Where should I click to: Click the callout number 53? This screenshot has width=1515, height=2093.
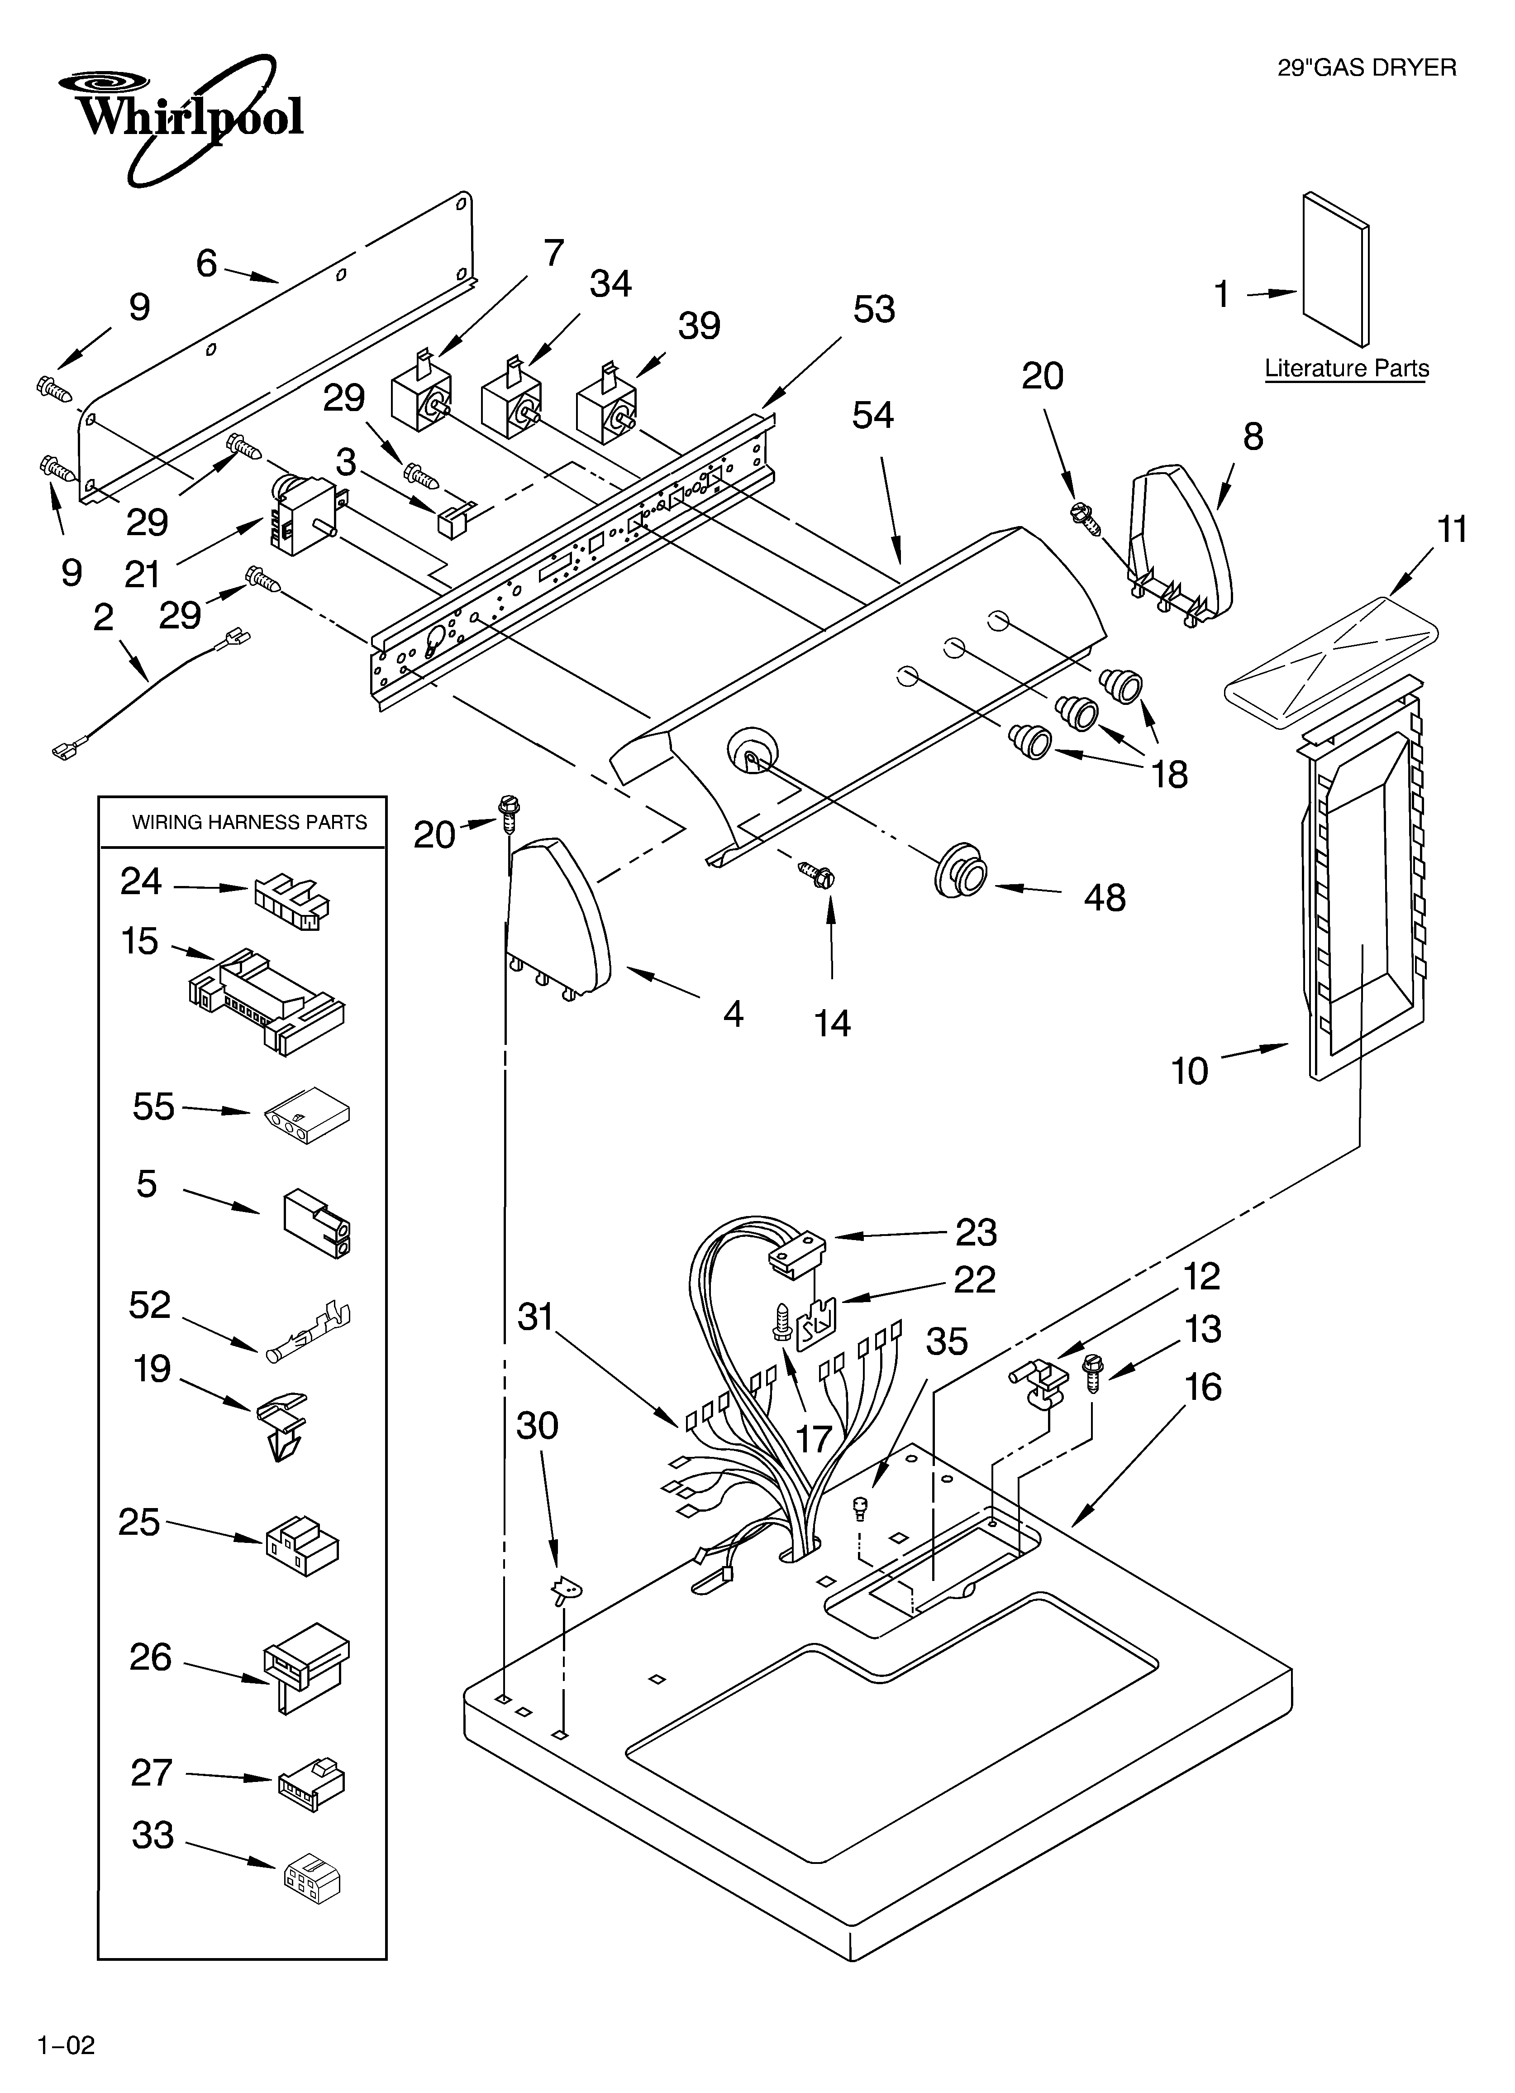click(x=873, y=309)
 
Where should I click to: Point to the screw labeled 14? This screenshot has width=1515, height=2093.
click(x=815, y=871)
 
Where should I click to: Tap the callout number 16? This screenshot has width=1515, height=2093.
click(x=1202, y=1387)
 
